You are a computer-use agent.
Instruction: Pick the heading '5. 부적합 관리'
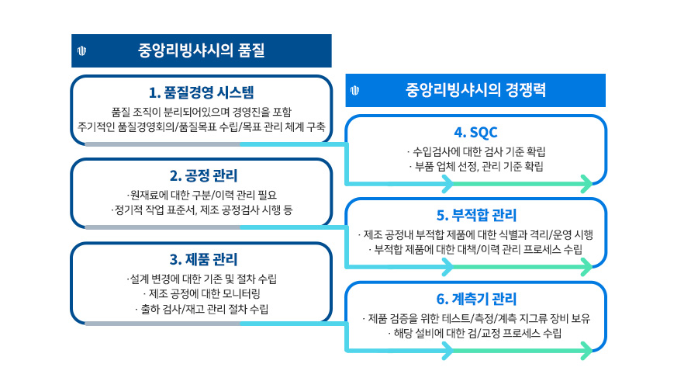[475, 215]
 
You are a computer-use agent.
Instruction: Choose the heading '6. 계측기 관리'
[475, 299]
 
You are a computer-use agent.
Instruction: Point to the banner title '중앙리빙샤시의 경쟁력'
[475, 89]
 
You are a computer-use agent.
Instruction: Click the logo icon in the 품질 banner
[82, 51]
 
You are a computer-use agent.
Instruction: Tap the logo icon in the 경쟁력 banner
[354, 90]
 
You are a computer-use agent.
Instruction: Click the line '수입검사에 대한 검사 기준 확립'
[475, 151]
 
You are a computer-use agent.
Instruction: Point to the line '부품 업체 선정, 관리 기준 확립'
[475, 166]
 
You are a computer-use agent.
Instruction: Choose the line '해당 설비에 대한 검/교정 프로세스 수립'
[475, 333]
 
